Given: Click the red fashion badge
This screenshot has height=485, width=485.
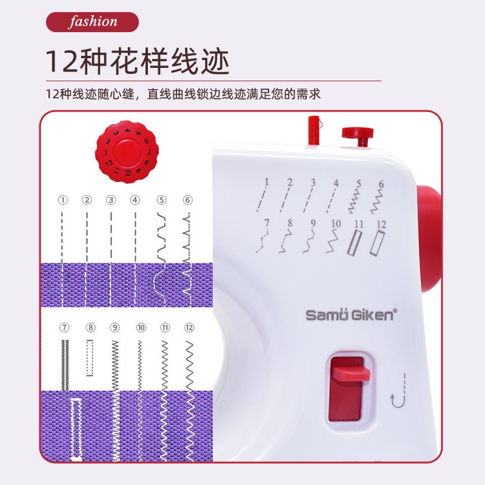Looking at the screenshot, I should pyautogui.click(x=93, y=22).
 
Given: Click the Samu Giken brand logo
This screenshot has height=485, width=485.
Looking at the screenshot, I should pyautogui.click(x=350, y=315).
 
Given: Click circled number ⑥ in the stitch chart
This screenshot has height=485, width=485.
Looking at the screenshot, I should pyautogui.click(x=187, y=199).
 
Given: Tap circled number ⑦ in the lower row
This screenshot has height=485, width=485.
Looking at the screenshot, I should pyautogui.click(x=64, y=328).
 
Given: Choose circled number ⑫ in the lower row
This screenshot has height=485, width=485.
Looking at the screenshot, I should pyautogui.click(x=189, y=328).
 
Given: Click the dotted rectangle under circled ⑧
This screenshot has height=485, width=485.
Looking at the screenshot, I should pyautogui.click(x=90, y=358).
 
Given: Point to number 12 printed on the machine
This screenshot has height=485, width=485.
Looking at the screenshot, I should pyautogui.click(x=381, y=225).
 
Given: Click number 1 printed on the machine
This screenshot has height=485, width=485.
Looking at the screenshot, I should pyautogui.click(x=266, y=181).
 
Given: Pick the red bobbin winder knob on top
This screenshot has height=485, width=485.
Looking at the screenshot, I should pyautogui.click(x=356, y=134).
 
